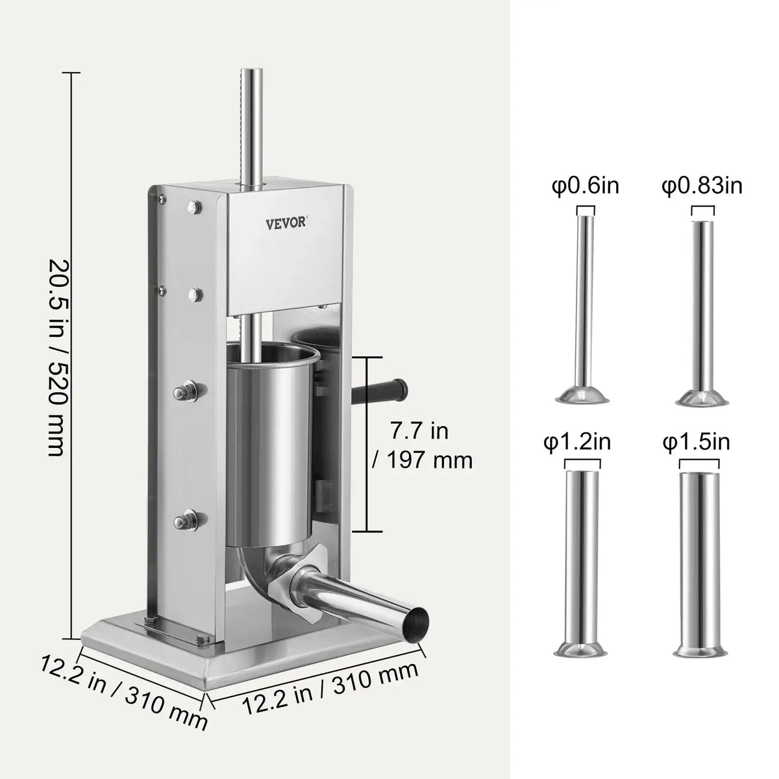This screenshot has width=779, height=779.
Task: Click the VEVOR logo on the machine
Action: tap(290, 223)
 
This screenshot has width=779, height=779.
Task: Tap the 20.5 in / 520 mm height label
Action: tap(56, 357)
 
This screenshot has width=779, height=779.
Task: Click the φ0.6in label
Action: tap(586, 186)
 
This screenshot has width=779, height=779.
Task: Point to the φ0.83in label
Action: tap(702, 186)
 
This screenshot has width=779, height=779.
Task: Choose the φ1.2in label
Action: tap(577, 443)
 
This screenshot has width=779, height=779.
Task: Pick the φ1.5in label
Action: tap(696, 443)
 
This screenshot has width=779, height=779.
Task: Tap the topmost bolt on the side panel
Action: tap(193, 207)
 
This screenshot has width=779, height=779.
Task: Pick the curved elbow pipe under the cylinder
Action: tap(253, 571)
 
